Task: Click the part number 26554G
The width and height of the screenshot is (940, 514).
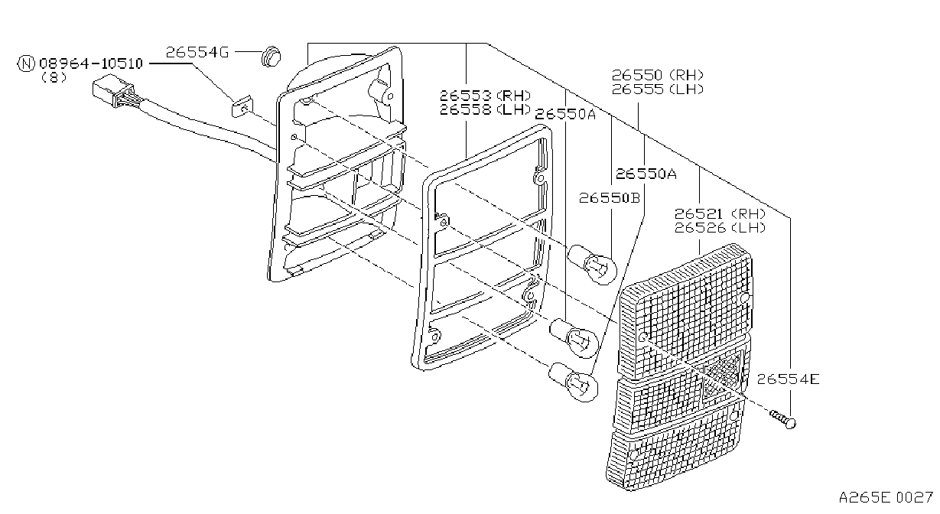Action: coord(197,52)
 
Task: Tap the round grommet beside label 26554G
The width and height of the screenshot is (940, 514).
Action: coord(271,57)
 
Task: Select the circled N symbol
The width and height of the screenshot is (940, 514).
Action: coord(26,63)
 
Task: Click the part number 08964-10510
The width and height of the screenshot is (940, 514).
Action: coord(91,63)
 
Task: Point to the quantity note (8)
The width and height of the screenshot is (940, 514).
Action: coord(54,77)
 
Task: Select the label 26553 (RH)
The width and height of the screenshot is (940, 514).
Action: coord(485,96)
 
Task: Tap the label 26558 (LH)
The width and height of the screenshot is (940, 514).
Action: coord(485,110)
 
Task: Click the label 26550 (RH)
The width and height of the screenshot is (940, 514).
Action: coord(657,75)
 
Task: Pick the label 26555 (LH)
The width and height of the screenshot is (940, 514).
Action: coord(657,89)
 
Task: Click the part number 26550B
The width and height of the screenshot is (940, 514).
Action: coord(610,197)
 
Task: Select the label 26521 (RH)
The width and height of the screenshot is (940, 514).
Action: coord(720,213)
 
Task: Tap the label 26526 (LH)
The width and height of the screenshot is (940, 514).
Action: coord(720,227)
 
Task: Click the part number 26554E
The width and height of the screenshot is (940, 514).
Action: coord(788,379)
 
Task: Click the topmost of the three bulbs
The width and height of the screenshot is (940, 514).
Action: coord(593,264)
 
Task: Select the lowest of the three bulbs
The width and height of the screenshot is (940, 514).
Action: coord(573,382)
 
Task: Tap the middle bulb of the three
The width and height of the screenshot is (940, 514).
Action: coord(574,338)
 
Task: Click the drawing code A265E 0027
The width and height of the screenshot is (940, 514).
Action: coord(886,498)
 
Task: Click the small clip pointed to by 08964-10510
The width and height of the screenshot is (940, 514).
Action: coord(242,106)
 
